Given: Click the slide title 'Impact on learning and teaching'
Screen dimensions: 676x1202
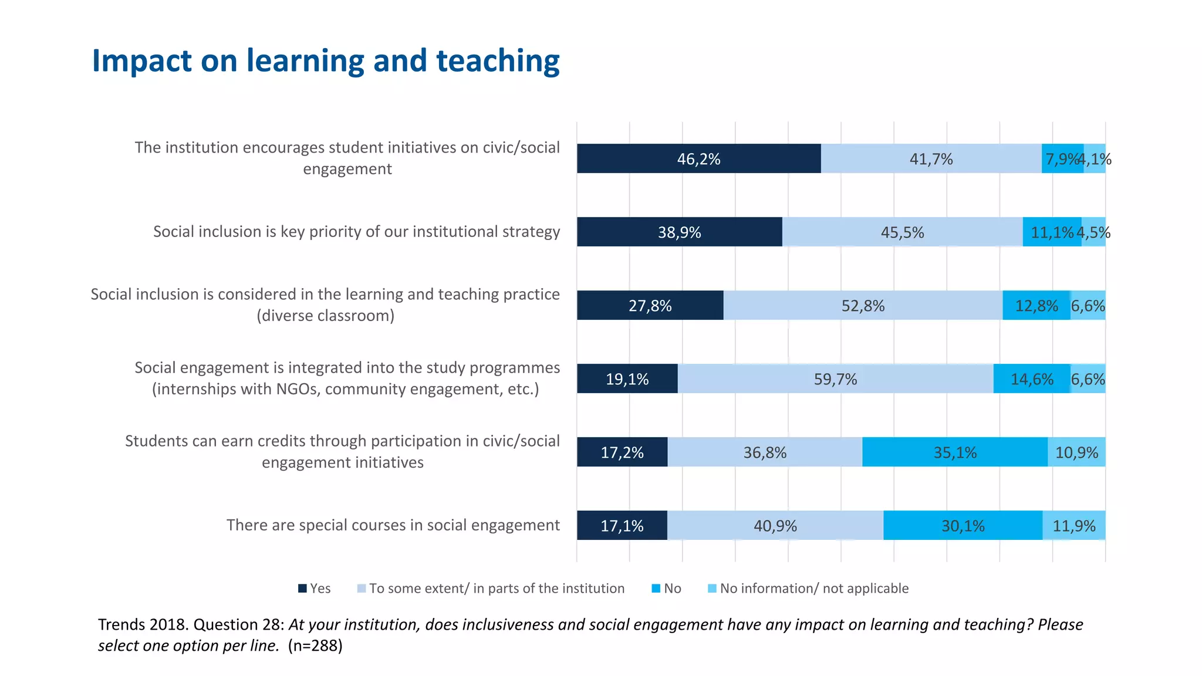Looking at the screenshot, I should point(326,60).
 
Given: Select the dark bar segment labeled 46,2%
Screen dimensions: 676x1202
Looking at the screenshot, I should point(698,158).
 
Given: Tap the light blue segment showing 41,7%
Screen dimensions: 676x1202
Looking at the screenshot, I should point(931,158).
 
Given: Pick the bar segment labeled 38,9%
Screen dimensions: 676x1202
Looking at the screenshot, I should point(679,232).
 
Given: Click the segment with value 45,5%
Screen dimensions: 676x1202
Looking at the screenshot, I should point(902,232).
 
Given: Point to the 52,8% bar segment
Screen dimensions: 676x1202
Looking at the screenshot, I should point(863,305).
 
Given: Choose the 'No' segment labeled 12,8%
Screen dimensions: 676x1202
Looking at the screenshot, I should point(1036,305).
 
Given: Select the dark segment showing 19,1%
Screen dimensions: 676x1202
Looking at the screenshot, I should point(627,378).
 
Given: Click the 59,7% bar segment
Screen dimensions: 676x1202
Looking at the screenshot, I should point(835,378).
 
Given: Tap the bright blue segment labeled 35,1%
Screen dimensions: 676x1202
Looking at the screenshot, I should point(955,452).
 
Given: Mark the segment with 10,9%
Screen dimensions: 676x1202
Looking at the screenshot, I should point(1076,452).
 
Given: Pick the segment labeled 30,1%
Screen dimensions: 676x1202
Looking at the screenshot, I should point(963,525).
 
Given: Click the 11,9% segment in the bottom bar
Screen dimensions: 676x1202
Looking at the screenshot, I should point(1074,525).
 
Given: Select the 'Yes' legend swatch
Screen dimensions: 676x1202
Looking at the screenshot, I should point(303,589).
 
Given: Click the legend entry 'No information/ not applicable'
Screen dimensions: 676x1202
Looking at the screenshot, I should point(814,589).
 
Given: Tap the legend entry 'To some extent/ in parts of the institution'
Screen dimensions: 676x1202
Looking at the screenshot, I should point(497,589).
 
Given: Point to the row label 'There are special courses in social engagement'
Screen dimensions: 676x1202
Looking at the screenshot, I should point(393,525).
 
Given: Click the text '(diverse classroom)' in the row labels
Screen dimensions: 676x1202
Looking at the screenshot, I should point(325,316).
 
